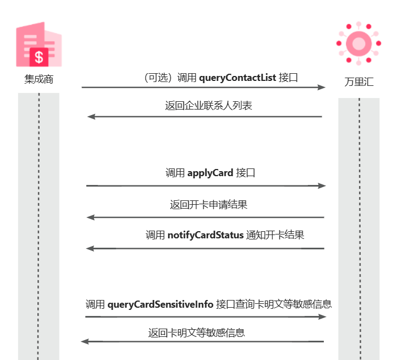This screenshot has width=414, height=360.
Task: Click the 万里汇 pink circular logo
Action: click(x=359, y=43)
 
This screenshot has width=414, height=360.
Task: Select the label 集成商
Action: click(x=38, y=79)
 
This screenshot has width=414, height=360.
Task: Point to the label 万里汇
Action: click(x=359, y=83)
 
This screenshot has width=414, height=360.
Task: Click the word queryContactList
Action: click(x=238, y=78)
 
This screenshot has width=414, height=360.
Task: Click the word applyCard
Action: click(x=210, y=173)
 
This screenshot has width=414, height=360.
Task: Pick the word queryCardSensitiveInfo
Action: click(x=161, y=304)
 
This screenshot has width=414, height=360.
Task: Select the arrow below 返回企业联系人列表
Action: click(x=205, y=117)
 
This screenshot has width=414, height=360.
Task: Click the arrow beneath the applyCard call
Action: click(x=206, y=186)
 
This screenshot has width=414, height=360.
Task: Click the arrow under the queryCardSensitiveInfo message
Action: click(x=206, y=317)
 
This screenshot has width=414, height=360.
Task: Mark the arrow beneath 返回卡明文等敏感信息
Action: click(x=202, y=342)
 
